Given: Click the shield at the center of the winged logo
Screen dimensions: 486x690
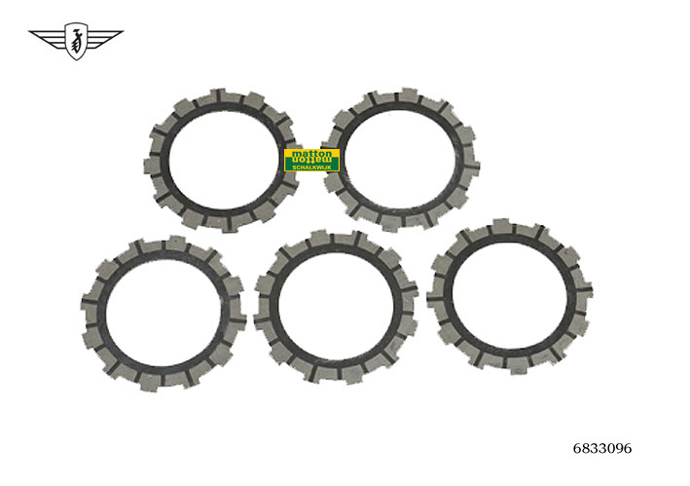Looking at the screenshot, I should (x=76, y=42).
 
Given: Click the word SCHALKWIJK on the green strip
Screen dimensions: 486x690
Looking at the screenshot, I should (x=311, y=168).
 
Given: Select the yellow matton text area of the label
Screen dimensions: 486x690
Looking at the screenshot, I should (x=311, y=155).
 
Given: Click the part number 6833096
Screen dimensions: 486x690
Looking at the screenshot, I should (x=602, y=449).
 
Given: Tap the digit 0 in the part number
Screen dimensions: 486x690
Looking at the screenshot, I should (x=609, y=449).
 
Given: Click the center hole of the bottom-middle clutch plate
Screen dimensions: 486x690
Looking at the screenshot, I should (x=336, y=306).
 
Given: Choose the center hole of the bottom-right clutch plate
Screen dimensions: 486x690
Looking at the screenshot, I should (x=510, y=294).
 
